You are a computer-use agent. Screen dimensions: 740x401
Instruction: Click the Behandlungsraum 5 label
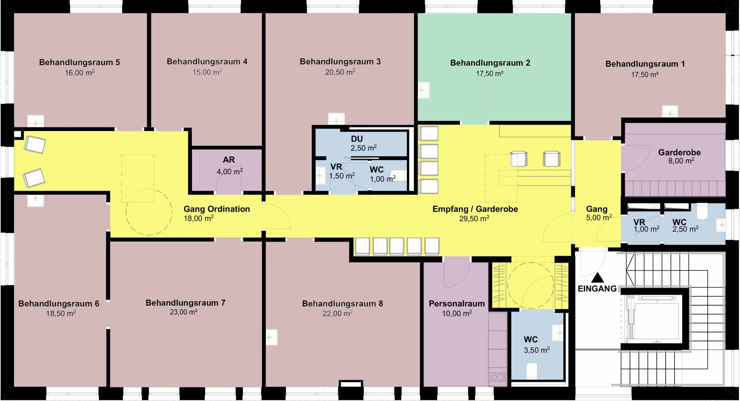[79, 62]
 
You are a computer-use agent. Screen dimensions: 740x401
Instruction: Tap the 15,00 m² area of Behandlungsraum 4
[207, 72]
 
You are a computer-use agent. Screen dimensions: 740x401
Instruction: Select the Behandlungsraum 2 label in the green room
[490, 63]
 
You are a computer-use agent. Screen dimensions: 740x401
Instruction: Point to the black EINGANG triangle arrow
[597, 278]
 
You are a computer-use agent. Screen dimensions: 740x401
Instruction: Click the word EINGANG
[597, 288]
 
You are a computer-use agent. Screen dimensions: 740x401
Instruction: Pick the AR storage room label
[229, 160]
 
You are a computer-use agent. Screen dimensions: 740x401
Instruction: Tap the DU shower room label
[357, 139]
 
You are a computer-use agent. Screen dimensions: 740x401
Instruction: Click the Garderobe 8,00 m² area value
[681, 161]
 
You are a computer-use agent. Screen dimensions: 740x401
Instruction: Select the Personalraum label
[457, 303]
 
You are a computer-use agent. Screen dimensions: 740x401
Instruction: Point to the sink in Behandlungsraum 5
[36, 121]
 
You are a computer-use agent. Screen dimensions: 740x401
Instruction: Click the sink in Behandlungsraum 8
[271, 337]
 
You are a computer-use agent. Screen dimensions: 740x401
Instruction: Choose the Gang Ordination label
[217, 209]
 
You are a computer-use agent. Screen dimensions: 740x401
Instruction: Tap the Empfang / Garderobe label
[475, 209]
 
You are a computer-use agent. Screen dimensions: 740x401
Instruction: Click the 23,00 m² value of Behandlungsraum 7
[184, 312]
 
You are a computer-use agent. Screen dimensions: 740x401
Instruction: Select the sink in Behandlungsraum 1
[670, 111]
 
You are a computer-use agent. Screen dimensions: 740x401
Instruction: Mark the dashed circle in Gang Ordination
[149, 189]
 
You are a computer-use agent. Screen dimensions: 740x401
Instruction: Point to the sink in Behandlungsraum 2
[424, 90]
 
